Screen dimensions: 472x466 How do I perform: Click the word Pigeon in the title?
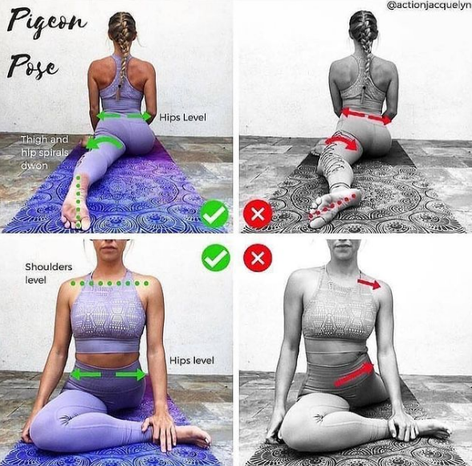tap(46, 23)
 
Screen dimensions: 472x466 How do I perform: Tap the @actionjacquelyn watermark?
tap(429, 6)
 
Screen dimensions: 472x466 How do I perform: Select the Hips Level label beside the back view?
tap(183, 117)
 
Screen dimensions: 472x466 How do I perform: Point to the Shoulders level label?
tap(48, 273)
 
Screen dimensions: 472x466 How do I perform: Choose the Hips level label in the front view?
tap(192, 360)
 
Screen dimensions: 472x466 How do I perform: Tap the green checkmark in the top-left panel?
tap(214, 214)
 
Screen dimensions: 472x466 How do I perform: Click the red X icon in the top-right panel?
tap(258, 215)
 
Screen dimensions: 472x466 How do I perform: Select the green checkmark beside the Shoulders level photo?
tap(216, 258)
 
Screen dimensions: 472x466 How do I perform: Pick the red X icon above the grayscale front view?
tap(258, 258)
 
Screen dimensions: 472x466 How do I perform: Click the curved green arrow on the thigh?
tap(104, 141)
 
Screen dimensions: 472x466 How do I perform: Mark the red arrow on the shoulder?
tap(369, 283)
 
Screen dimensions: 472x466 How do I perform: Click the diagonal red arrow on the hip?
tap(354, 374)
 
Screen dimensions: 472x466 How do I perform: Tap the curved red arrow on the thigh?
tap(342, 141)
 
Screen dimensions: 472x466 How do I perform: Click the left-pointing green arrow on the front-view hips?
tap(85, 374)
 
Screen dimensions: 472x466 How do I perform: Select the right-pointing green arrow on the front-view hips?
tap(131, 374)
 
